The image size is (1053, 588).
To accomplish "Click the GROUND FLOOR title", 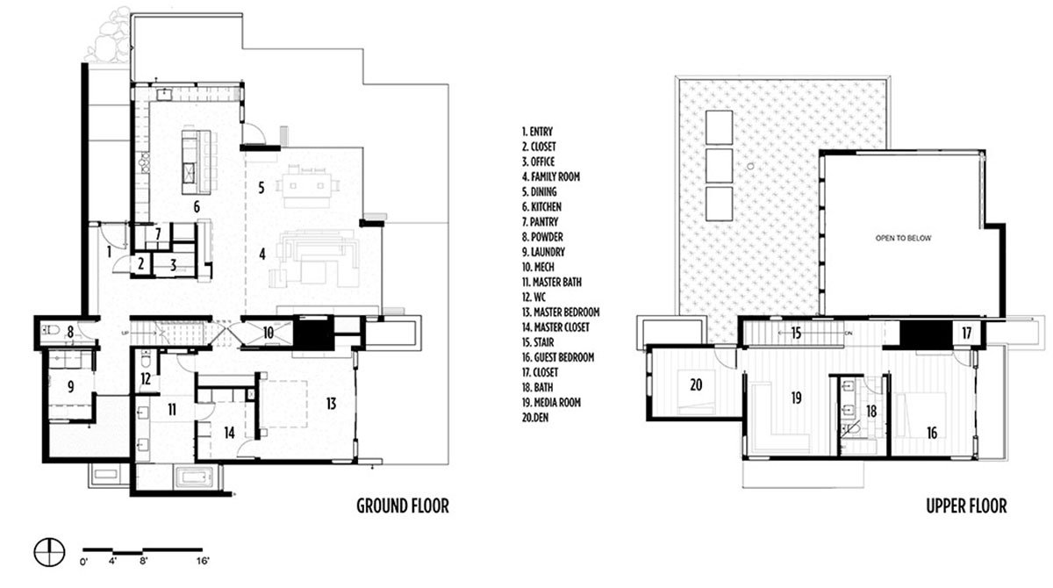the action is [x=403, y=506].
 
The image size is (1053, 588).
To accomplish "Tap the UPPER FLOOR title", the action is [x=966, y=506].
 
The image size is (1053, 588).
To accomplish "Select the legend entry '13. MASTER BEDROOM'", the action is [x=561, y=312].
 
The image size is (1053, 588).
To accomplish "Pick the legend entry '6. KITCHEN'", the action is [x=541, y=207].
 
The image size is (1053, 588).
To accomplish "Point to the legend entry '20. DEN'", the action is [x=535, y=418].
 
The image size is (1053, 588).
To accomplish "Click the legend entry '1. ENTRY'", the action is [x=537, y=132].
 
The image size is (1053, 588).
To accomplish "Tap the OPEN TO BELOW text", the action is [x=903, y=239].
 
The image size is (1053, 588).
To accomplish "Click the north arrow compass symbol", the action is [x=49, y=552].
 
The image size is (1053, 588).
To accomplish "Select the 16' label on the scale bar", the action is [x=203, y=561].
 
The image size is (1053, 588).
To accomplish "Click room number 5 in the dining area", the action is [x=261, y=188].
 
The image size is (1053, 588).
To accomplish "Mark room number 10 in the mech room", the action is [x=268, y=333].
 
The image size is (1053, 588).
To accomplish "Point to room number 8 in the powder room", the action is [x=70, y=333].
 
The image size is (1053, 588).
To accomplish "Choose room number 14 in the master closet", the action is [x=229, y=433].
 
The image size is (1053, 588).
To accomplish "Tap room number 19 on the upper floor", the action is [x=796, y=398].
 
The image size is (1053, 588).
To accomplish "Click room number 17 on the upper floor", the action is [x=966, y=333].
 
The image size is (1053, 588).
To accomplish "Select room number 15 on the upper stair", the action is [x=796, y=333].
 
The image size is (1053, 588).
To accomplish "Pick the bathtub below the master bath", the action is [x=194, y=477].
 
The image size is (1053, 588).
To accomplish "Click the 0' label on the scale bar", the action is [x=84, y=561].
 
